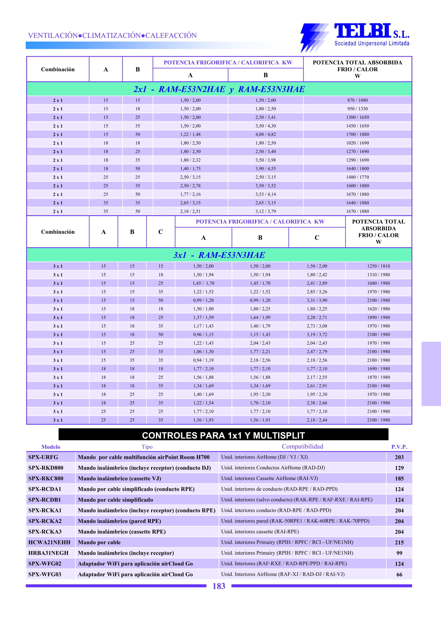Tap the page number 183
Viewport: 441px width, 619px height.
click(x=219, y=586)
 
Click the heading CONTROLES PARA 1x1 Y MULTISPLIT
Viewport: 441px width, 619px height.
click(x=223, y=436)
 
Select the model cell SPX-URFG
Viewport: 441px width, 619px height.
click(x=43, y=457)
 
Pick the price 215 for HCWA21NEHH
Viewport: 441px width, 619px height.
click(x=399, y=542)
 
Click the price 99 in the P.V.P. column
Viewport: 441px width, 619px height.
click(x=399, y=553)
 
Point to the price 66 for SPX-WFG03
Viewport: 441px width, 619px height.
click(x=399, y=575)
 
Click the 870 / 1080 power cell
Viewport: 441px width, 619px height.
click(x=357, y=100)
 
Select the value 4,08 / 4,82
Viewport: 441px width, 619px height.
click(x=265, y=134)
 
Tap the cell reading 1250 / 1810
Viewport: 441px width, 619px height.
click(x=378, y=266)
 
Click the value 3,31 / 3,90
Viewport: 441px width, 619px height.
click(x=317, y=300)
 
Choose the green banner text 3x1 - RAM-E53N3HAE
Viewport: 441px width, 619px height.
click(x=219, y=255)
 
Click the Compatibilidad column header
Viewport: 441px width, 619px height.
click(x=302, y=447)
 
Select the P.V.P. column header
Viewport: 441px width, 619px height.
click(x=399, y=447)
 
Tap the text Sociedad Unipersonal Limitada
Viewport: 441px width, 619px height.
click(x=372, y=43)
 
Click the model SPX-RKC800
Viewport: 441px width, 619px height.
click(x=46, y=479)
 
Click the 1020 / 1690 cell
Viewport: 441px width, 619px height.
click(x=357, y=143)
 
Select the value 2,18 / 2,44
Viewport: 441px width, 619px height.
click(x=317, y=420)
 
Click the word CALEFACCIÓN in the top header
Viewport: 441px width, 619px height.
click(x=171, y=35)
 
